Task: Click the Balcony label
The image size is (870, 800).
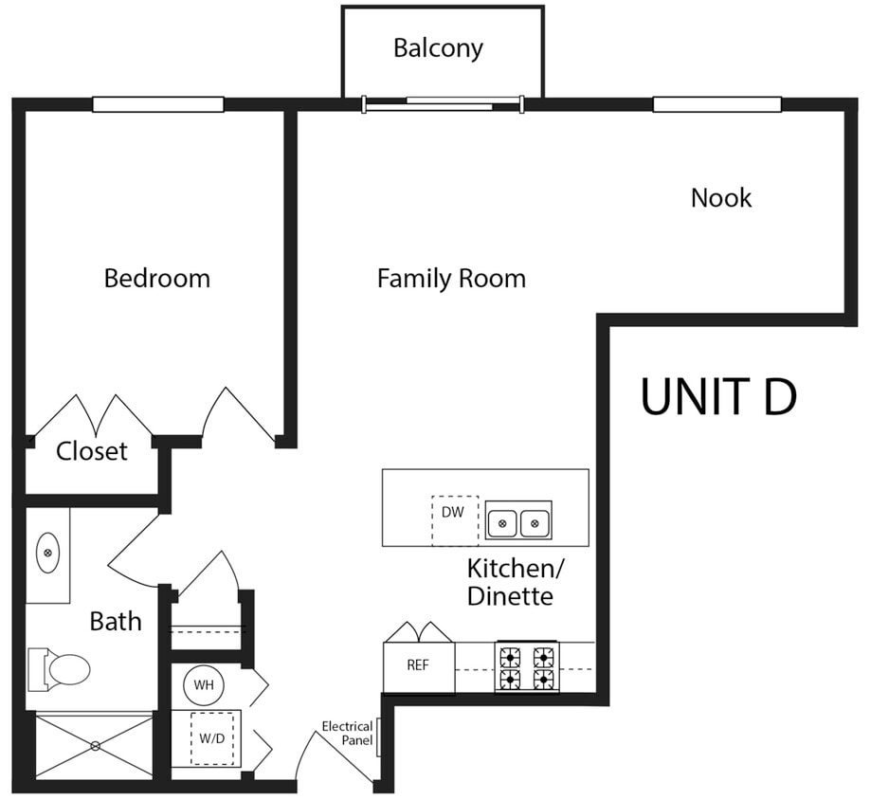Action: (x=438, y=47)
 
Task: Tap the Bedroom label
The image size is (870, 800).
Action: (x=157, y=279)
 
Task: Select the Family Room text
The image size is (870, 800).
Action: (x=451, y=279)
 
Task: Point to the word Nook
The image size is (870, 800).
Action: (x=721, y=198)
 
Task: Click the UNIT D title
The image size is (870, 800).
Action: (x=718, y=396)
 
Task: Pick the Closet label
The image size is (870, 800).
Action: (x=91, y=451)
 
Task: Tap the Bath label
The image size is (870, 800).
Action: (x=116, y=622)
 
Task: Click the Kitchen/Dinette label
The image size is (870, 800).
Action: (x=516, y=582)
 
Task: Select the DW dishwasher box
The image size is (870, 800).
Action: (x=454, y=519)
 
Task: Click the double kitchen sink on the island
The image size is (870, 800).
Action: (x=518, y=520)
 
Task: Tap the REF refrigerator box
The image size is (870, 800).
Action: (x=418, y=666)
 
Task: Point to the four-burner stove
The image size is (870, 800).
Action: (x=527, y=666)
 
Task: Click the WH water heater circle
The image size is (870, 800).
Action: (x=204, y=683)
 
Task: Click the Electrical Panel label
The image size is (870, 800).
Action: (x=346, y=733)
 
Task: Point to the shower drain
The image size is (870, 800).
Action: (x=95, y=746)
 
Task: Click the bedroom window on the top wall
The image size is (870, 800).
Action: (x=157, y=104)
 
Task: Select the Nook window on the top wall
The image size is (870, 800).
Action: (x=717, y=104)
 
